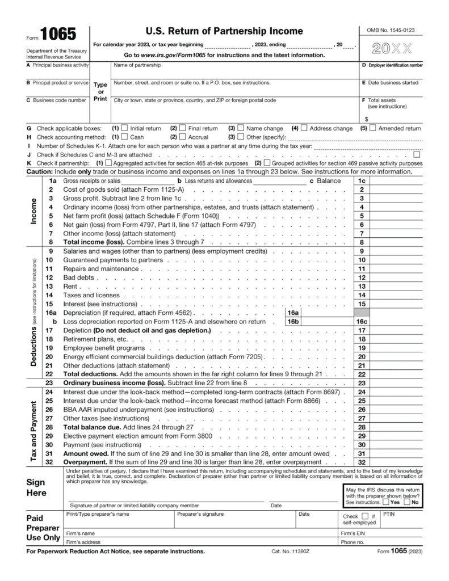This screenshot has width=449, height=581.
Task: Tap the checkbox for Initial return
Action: tap(125, 128)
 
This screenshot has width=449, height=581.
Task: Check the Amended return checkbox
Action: tap(373, 128)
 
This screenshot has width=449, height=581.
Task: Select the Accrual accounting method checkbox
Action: tap(183, 137)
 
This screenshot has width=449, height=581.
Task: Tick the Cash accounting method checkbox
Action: tap(125, 137)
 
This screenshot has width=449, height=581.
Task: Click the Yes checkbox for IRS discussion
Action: tap(386, 502)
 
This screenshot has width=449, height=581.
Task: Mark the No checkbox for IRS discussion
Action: tap(407, 502)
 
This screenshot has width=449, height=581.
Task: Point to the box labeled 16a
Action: tap(293, 313)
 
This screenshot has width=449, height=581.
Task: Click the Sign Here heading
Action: tap(37, 487)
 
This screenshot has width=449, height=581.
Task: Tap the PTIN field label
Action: tap(389, 514)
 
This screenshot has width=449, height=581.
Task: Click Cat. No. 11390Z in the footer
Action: tap(292, 551)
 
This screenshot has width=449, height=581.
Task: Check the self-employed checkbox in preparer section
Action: tap(363, 517)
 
